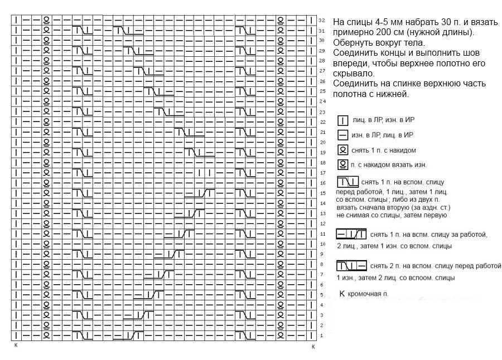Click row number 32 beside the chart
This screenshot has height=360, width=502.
click(x=322, y=21)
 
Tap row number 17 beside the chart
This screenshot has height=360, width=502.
click(x=323, y=173)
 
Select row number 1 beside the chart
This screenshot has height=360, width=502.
click(x=322, y=335)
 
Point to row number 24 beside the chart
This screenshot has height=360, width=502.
click(x=322, y=101)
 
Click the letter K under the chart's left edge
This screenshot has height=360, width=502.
click(x=16, y=346)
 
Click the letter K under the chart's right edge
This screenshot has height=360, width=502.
click(x=313, y=347)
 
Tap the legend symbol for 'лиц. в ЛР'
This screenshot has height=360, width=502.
click(x=343, y=120)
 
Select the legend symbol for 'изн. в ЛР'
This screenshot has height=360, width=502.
click(x=343, y=135)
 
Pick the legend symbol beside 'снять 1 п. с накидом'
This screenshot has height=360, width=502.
click(x=343, y=150)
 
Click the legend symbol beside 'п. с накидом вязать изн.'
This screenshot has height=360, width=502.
click(x=343, y=165)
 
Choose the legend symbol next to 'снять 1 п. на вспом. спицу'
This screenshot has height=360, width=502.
click(x=347, y=182)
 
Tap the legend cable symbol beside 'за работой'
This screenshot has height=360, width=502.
click(x=351, y=234)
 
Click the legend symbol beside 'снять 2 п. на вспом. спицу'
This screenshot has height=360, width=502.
click(x=351, y=266)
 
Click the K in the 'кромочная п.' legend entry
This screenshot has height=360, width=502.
click(x=342, y=294)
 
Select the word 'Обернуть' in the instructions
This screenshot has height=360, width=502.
click(x=353, y=42)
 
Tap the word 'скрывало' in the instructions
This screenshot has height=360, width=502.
click(x=353, y=74)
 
